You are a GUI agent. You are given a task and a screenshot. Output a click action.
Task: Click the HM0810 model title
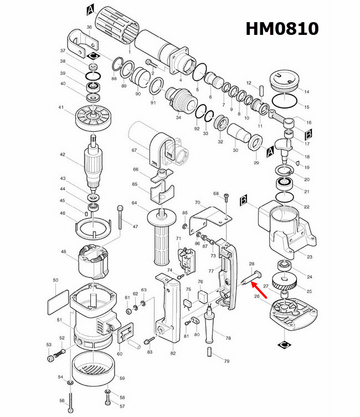coord(282,28)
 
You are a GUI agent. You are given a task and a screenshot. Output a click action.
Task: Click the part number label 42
coord(63,156)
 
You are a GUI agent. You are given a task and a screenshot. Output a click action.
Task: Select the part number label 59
coord(122,378)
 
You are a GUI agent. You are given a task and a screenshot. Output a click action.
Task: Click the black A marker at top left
coord(91,9)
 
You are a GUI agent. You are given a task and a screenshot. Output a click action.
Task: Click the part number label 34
coord(178,117)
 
